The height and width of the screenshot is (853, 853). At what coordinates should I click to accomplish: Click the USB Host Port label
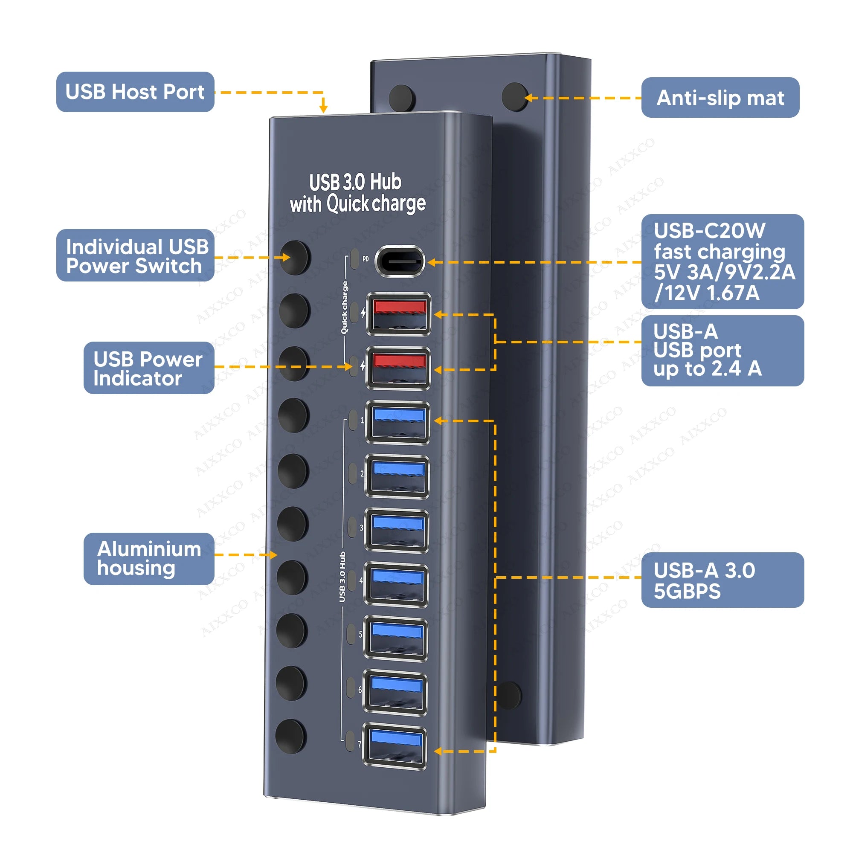(x=135, y=92)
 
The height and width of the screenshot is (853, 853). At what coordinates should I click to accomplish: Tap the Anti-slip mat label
(x=720, y=98)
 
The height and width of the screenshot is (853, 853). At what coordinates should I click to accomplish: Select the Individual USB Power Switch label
(x=135, y=255)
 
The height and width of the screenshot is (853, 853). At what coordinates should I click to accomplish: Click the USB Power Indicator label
(x=149, y=368)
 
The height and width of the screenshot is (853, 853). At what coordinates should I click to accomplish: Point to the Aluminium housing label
(x=149, y=559)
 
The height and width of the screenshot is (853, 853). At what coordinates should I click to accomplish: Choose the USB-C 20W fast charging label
(x=722, y=261)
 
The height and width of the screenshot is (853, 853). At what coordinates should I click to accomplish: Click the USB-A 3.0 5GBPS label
(x=722, y=580)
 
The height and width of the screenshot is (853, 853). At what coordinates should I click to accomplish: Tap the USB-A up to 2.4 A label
(x=722, y=351)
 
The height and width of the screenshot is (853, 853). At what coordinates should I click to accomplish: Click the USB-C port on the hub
(x=400, y=261)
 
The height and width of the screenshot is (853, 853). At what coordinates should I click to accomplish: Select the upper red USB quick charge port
(x=399, y=314)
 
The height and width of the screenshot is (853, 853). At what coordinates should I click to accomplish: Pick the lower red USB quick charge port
(x=399, y=368)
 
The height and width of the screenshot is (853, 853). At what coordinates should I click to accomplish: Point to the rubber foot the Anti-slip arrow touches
(x=515, y=97)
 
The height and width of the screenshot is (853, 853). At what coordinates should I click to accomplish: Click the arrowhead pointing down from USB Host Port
(x=323, y=107)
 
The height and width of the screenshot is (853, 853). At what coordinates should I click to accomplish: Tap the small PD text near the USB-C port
(x=366, y=259)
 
